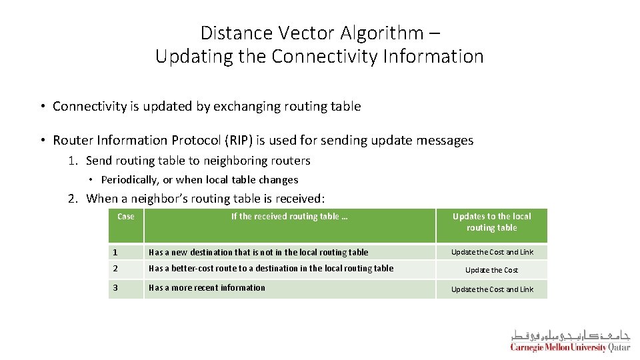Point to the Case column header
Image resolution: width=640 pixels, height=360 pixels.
coord(125,217)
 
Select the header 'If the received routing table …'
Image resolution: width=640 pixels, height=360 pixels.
coord(289,217)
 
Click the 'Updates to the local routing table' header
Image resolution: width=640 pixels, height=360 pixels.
coord(491,222)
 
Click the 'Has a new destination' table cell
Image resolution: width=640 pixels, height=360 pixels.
coord(258,253)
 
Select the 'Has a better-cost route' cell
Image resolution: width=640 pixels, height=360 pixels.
coord(271,269)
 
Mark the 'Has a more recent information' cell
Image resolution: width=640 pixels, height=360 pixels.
coord(207,288)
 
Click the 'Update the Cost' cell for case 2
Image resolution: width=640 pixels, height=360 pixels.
coord(491,270)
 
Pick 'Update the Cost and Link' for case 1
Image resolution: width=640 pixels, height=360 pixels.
coord(492,252)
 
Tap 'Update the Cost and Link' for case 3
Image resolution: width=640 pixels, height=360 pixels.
coord(492,289)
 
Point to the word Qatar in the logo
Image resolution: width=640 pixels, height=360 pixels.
coord(619,347)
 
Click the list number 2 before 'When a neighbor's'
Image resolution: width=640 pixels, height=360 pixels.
coord(71,199)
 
